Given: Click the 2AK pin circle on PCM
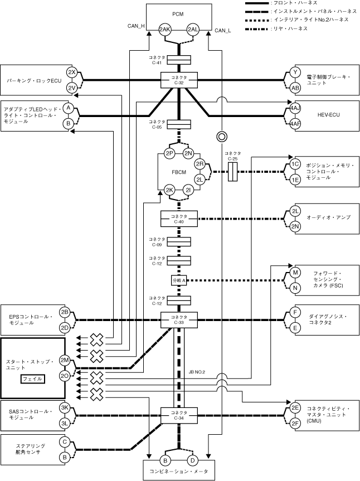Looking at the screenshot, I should pyautogui.click(x=165, y=30).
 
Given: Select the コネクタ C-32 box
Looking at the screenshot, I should pyautogui.click(x=179, y=80).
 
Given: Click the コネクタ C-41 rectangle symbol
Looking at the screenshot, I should pyautogui.click(x=179, y=59).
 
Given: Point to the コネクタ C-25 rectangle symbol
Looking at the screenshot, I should pyautogui.click(x=233, y=172).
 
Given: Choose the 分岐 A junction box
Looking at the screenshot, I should pyautogui.click(x=179, y=280).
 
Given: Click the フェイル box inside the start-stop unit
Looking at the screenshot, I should pyautogui.click(x=32, y=379).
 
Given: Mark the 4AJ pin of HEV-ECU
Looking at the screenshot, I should pyautogui.click(x=295, y=107).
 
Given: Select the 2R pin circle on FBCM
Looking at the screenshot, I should pyautogui.click(x=200, y=164).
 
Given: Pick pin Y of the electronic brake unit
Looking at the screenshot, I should pyautogui.click(x=295, y=72).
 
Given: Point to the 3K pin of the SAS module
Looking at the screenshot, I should pyautogui.click(x=65, y=407).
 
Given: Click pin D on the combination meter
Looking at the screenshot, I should pyautogui.click(x=192, y=460).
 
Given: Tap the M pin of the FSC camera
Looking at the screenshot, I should pyautogui.click(x=295, y=273).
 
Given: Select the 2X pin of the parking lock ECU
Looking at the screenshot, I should pyautogui.click(x=71, y=72).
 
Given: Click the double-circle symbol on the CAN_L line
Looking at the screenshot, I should pyautogui.click(x=221, y=136).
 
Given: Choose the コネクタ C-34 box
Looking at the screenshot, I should pyautogui.click(x=179, y=415).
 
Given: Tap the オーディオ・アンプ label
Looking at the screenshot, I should pyautogui.click(x=329, y=217).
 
